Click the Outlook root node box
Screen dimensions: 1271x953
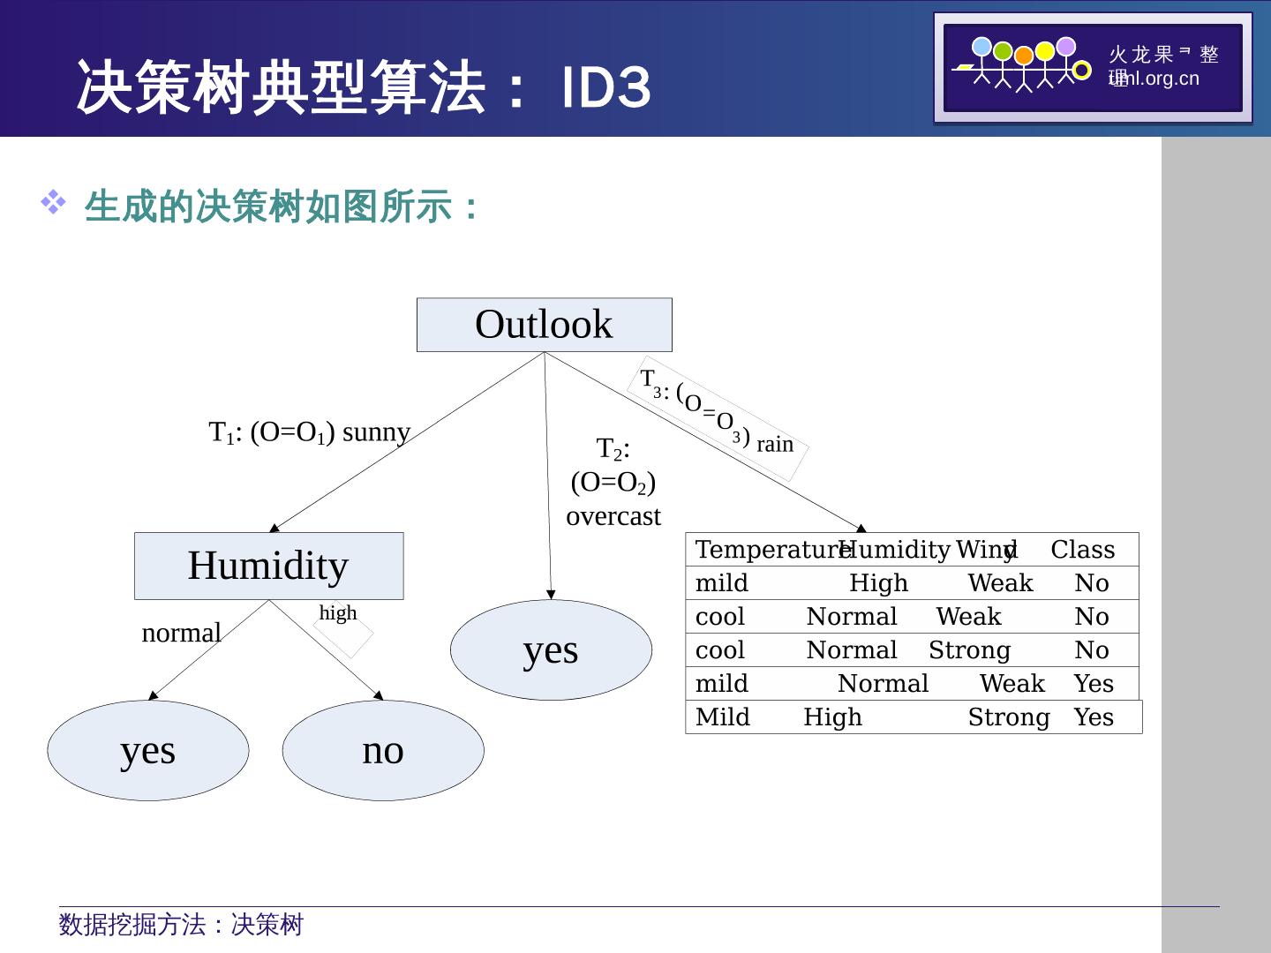tap(544, 325)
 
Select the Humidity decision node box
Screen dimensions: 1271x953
tap(268, 566)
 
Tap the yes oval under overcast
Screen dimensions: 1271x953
tap(551, 650)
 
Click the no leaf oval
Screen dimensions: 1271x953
tap(383, 750)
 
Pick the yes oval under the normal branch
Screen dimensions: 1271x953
tap(147, 750)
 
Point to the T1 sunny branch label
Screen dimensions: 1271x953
tap(309, 432)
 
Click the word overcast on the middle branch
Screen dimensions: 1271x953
tap(613, 516)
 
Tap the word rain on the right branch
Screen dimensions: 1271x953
tap(775, 445)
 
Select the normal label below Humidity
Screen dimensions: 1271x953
tap(181, 633)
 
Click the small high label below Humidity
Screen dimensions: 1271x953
tap(338, 612)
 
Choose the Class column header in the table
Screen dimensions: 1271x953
tap(1082, 550)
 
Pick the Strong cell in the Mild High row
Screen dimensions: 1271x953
tap(1008, 717)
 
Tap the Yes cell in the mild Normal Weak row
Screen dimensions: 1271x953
tap(1094, 684)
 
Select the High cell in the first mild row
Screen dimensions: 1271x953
tap(878, 583)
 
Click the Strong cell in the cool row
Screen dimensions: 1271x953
tap(969, 650)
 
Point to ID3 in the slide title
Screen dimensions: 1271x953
tap(606, 88)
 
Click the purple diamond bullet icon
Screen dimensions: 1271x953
tap(53, 204)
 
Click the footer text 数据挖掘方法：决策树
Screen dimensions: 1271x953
tap(181, 925)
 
